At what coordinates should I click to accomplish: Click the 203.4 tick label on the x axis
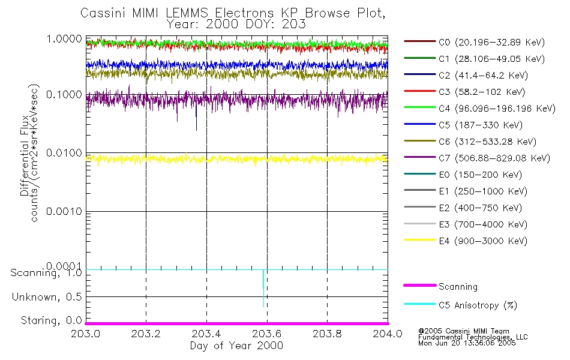pos(206,334)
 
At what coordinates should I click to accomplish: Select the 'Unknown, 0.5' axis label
pos(47,297)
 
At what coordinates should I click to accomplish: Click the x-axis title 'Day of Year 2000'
pos(236,346)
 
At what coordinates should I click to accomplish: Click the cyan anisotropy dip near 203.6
pos(263,288)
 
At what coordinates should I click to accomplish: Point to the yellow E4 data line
pos(240,159)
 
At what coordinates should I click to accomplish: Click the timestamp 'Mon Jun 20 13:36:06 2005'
pos(467,344)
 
